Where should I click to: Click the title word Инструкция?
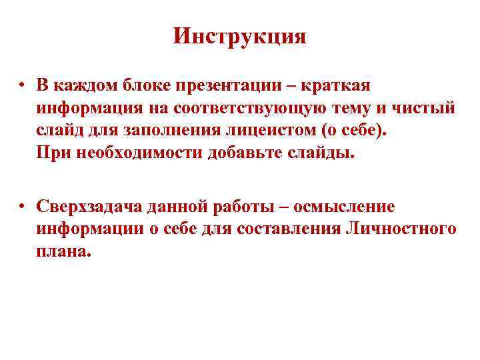point(239,36)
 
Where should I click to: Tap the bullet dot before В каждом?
point(22,86)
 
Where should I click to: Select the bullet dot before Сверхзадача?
point(22,207)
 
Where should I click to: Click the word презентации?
point(233,86)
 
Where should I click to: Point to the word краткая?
point(340,86)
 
